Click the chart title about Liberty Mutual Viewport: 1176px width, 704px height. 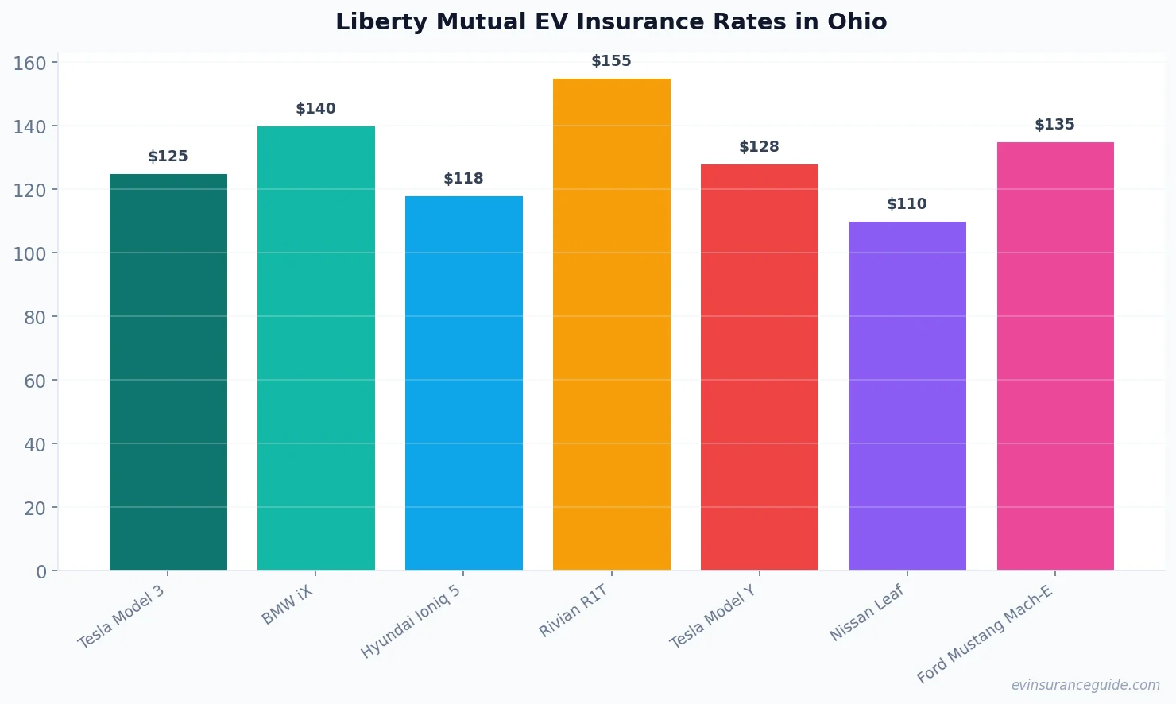click(611, 22)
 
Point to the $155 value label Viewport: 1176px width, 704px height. click(611, 61)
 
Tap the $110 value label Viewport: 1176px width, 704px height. click(907, 204)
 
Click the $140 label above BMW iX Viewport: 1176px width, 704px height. click(315, 109)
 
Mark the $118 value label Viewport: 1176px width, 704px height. click(463, 179)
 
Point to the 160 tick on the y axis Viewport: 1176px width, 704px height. click(30, 64)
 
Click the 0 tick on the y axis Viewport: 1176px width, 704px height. click(41, 572)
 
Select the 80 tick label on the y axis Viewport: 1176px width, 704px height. click(35, 318)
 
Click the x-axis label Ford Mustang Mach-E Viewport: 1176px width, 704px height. click(985, 633)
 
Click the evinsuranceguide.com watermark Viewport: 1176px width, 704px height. click(1085, 685)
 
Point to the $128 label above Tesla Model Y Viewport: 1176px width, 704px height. click(759, 147)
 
